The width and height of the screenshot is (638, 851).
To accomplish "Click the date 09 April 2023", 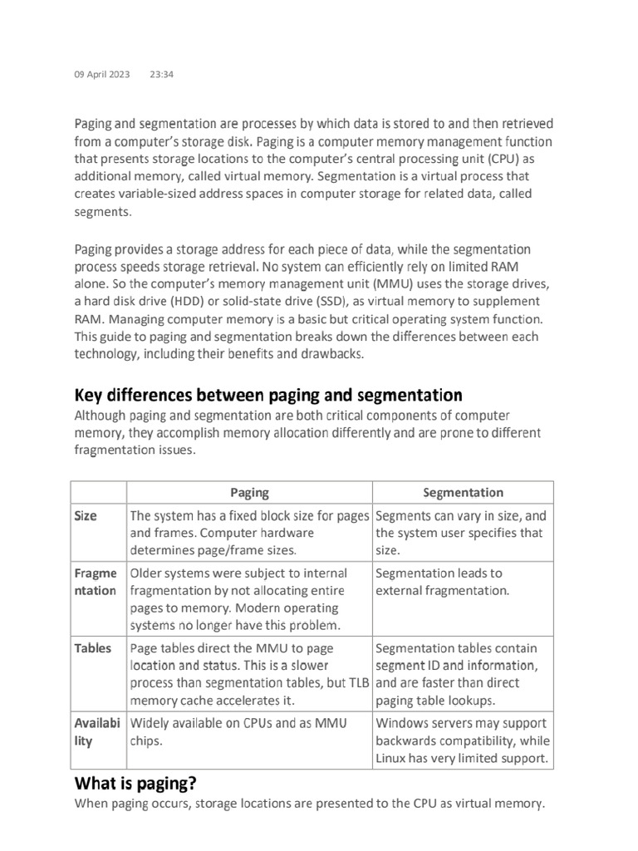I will click(x=102, y=75).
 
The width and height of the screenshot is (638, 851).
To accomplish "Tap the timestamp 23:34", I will click(x=161, y=75).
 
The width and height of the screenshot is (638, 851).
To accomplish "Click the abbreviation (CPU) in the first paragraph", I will click(x=508, y=159).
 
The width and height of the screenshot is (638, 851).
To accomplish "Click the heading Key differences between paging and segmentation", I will click(x=268, y=395).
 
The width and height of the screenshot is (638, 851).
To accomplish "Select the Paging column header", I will click(x=249, y=493).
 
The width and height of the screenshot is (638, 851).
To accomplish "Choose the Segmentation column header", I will click(x=463, y=493).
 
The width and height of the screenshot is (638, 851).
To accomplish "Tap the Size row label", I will click(x=86, y=516).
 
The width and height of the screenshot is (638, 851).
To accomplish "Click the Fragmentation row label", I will click(x=96, y=582).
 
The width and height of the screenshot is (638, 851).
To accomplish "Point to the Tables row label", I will click(x=92, y=648).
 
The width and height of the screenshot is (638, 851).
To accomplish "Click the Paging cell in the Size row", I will click(x=248, y=533).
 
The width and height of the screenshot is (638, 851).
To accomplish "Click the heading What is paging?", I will click(x=136, y=783).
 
